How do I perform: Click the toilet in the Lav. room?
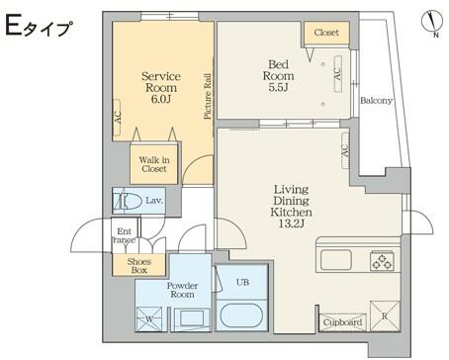[x=125, y=201]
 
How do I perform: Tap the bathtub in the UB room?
[x=241, y=315]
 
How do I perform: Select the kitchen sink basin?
[x=336, y=260]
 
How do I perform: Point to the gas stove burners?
[x=382, y=260]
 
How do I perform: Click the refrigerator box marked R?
[x=385, y=315]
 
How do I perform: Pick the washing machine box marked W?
[x=149, y=319]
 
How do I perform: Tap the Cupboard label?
[x=342, y=322]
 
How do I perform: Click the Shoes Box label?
[x=139, y=266]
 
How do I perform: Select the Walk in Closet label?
[x=154, y=164]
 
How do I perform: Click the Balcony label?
[x=376, y=100]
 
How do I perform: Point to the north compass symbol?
[x=432, y=23]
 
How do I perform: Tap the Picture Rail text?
[x=208, y=96]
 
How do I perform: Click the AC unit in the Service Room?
[x=117, y=117]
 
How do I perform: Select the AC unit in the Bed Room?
[x=337, y=74]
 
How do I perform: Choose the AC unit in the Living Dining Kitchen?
[x=345, y=150]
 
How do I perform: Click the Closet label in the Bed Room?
[x=326, y=33]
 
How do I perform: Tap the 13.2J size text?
[x=291, y=224]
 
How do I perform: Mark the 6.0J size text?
[x=160, y=99]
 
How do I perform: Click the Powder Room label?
[x=182, y=290]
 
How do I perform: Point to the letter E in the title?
[x=14, y=26]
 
